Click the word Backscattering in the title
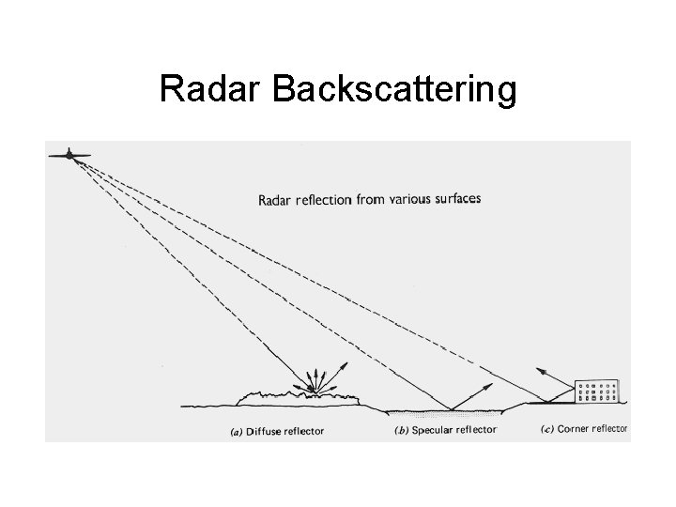pyautogui.click(x=394, y=89)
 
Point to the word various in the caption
pyautogui.click(x=405, y=199)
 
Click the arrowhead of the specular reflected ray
pyautogui.click(x=492, y=384)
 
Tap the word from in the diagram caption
pyautogui.click(x=369, y=199)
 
